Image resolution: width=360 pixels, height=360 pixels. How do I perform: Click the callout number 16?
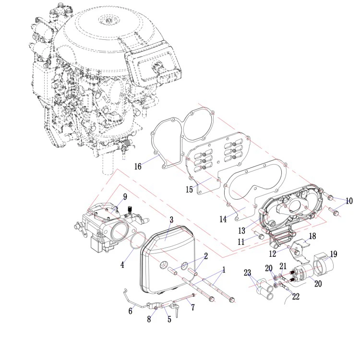pos(138,167)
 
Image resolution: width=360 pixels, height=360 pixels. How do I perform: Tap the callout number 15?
pos(190,190)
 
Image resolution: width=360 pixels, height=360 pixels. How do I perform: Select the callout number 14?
pos(223,219)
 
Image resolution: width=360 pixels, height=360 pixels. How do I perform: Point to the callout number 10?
pos(348,201)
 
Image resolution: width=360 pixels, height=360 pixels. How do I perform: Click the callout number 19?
pos(333,254)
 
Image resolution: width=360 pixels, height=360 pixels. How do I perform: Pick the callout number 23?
pos(247,273)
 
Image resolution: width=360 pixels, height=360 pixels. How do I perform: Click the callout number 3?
pos(171,220)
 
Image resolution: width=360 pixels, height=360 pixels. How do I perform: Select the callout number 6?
pos(130,311)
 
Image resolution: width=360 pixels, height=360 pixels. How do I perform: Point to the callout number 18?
pos(312,236)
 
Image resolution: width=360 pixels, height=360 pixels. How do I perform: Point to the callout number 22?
pos(296,297)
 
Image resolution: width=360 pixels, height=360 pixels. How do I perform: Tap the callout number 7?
pos(193,307)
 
